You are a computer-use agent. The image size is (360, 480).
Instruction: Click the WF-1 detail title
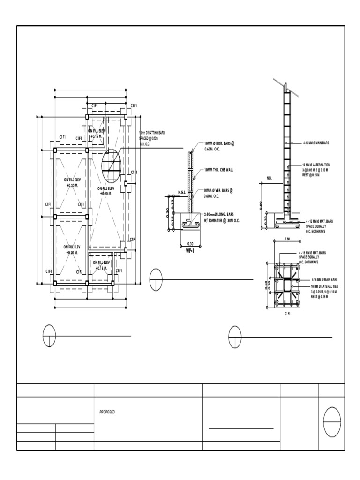click(190, 250)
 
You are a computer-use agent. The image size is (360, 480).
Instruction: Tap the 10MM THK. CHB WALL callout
click(219, 170)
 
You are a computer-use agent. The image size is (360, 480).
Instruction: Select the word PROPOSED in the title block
click(107, 412)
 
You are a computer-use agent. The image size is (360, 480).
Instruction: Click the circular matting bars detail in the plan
click(111, 164)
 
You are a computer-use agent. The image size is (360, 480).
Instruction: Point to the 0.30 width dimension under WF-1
click(190, 244)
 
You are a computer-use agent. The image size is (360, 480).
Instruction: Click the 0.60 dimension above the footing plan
click(286, 239)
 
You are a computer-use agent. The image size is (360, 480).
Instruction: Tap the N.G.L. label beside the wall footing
click(182, 192)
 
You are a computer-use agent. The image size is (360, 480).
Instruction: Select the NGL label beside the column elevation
click(269, 178)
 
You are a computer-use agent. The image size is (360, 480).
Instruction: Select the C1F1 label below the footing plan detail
click(288, 314)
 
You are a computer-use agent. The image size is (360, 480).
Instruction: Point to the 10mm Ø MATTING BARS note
click(152, 138)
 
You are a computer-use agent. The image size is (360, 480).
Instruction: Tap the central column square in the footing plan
click(286, 285)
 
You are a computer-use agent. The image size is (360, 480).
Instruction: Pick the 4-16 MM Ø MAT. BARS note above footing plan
click(312, 257)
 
